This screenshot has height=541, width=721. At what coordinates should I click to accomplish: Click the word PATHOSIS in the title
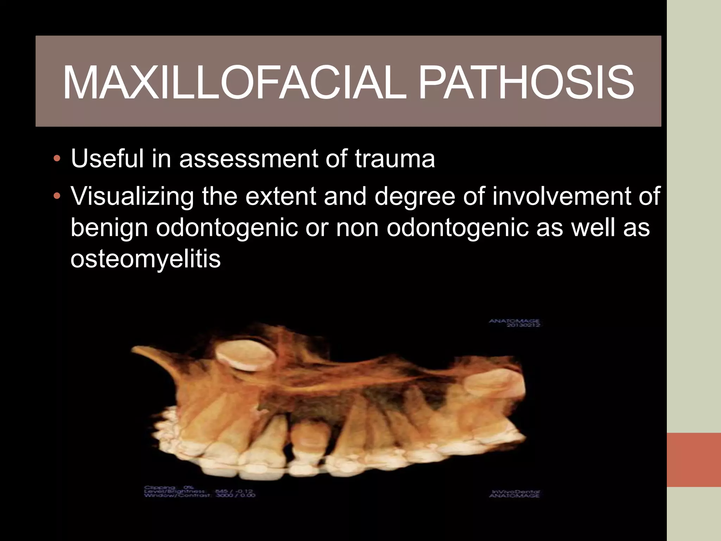[x=526, y=83]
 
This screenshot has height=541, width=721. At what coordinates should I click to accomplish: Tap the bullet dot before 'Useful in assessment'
[x=57, y=159]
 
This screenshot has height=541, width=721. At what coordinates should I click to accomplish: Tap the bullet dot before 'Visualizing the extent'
[x=57, y=196]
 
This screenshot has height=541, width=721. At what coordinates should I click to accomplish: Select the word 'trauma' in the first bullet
[x=394, y=159]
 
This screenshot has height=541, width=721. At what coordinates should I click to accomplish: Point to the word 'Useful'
[x=107, y=159]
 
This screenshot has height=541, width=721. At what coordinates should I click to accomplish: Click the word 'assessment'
[x=248, y=160]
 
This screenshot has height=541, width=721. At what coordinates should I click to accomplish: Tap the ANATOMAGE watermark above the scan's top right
[x=514, y=321]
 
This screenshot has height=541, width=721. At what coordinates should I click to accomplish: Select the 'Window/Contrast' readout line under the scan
[x=199, y=496]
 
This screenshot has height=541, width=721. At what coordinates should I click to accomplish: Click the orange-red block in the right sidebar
[x=694, y=460]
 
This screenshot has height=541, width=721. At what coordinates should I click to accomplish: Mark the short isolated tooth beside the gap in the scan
[x=307, y=439]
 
